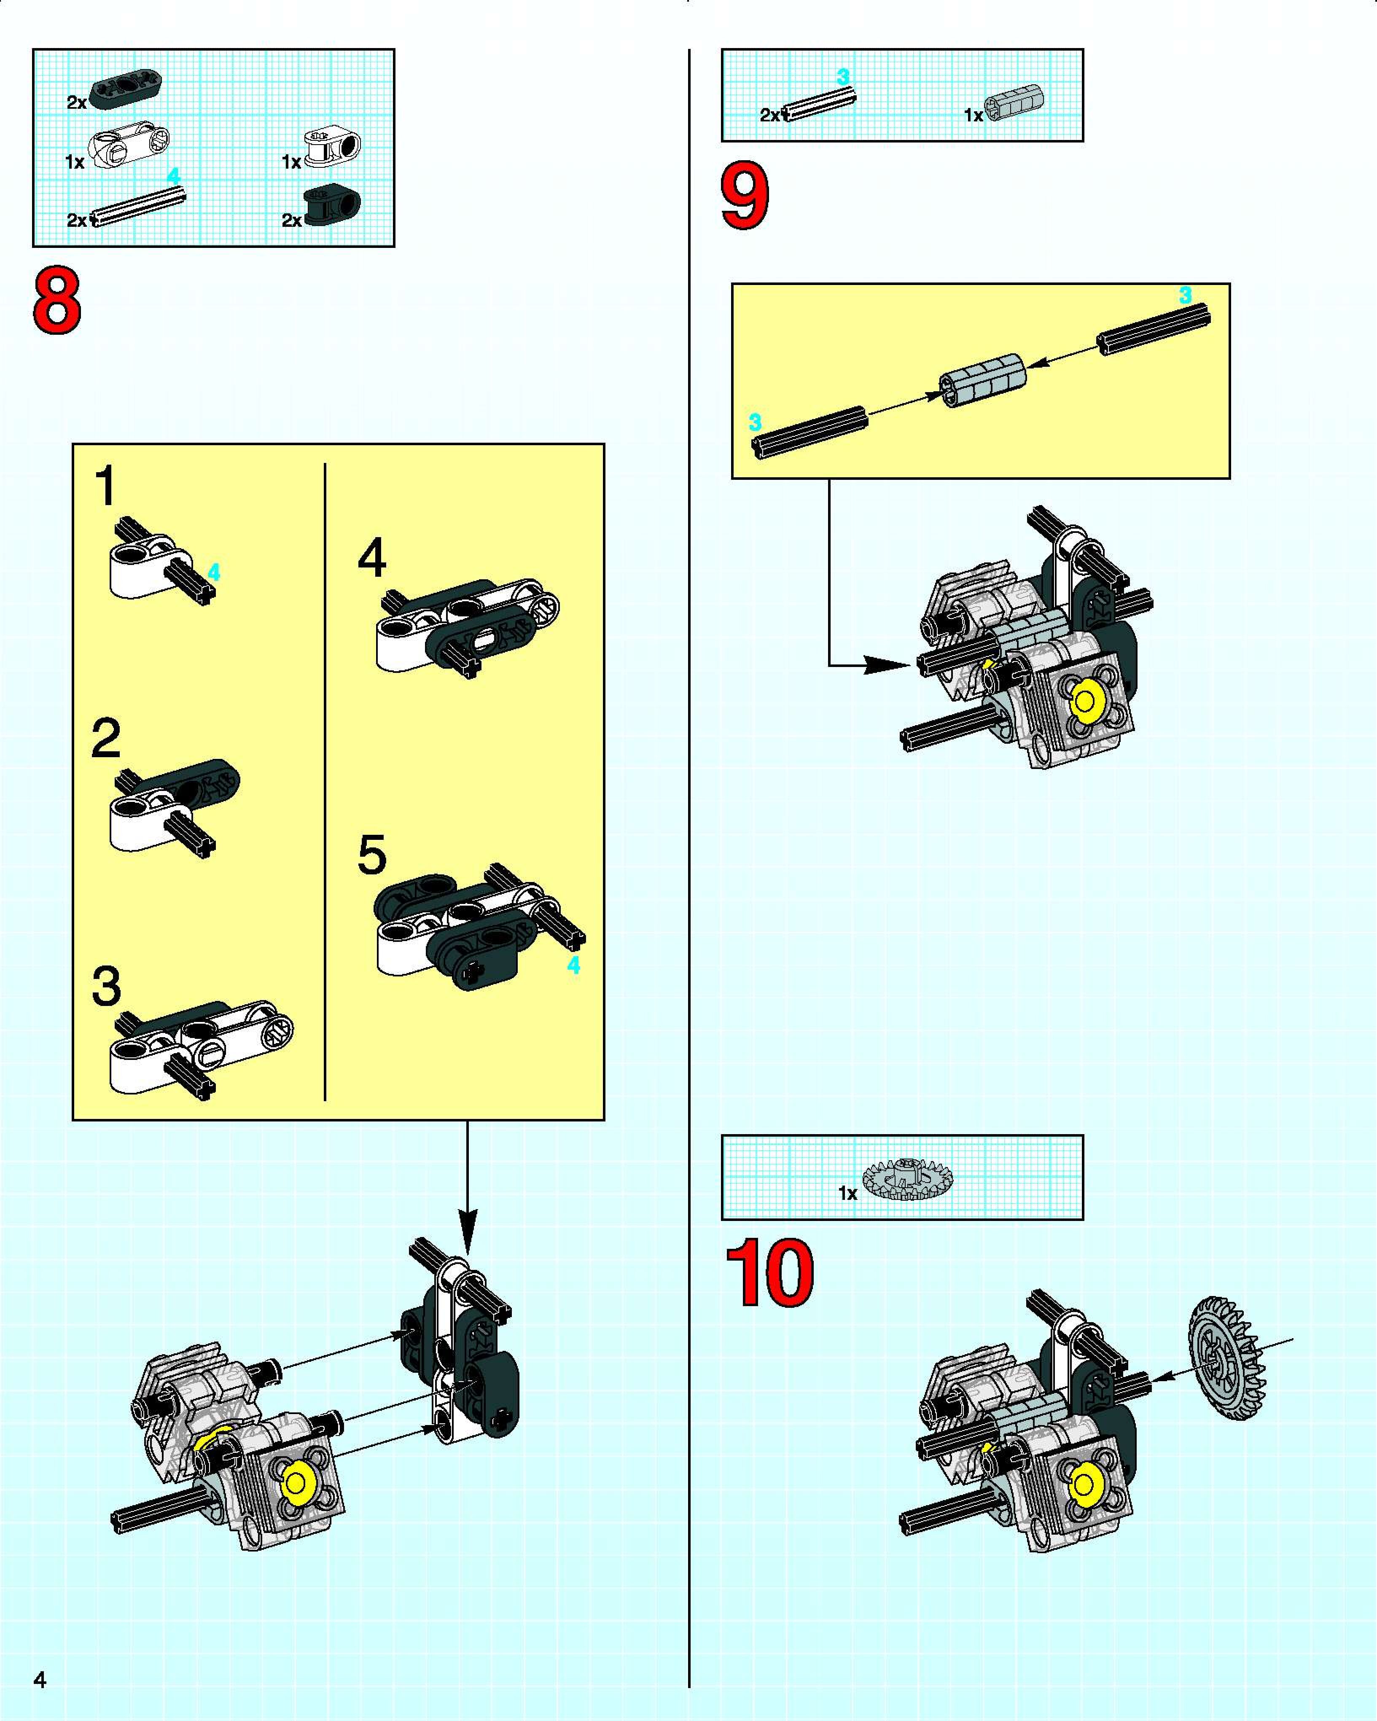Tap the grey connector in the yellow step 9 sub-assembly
[x=982, y=379]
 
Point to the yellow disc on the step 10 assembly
[x=1084, y=1485]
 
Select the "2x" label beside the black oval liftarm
[x=77, y=103]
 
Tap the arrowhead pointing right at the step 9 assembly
[x=886, y=664]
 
